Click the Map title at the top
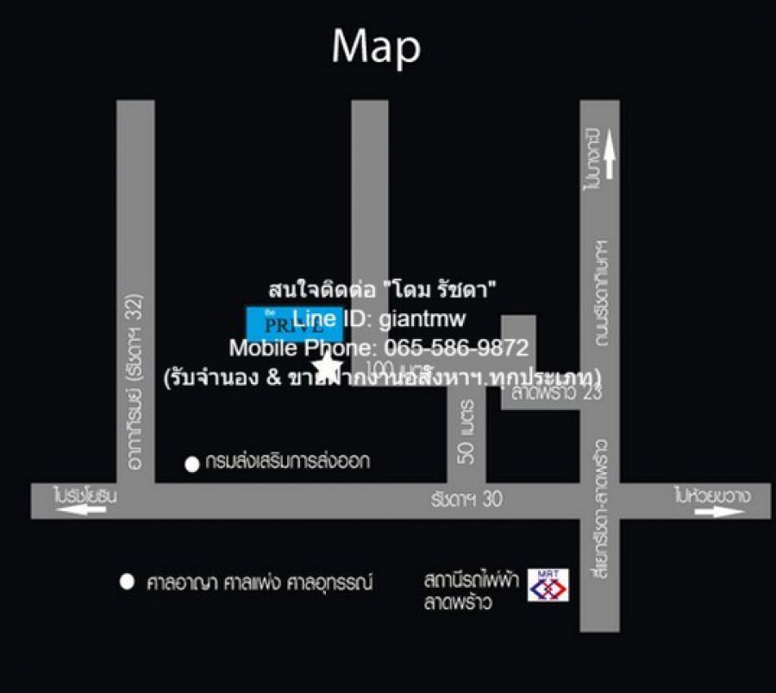[x=376, y=47]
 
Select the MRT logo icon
[x=548, y=584]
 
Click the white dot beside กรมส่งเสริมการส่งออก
[x=191, y=464]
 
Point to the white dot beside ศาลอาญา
[x=128, y=583]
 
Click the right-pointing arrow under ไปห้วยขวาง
[x=720, y=512]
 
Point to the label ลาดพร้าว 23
[x=544, y=394]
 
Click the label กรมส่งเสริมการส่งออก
[x=288, y=462]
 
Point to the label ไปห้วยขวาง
[x=712, y=496]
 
